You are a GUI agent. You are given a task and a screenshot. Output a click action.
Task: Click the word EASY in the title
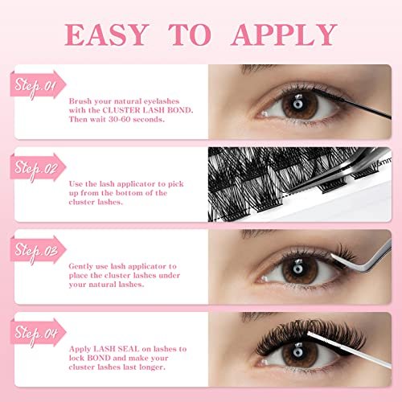(107, 35)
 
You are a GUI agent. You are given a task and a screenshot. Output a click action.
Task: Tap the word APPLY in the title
(284, 35)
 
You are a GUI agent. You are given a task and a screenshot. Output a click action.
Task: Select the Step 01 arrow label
(38, 85)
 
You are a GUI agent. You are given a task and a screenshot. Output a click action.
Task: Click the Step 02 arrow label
(38, 168)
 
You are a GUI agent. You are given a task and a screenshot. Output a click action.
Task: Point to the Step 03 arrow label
(38, 250)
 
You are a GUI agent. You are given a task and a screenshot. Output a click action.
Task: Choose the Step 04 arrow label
(38, 333)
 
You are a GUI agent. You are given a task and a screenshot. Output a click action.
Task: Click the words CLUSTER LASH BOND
(147, 110)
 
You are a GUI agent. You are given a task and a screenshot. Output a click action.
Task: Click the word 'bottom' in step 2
(125, 193)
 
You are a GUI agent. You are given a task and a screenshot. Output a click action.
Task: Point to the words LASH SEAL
(116, 349)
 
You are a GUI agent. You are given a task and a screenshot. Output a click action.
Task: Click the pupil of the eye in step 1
(297, 104)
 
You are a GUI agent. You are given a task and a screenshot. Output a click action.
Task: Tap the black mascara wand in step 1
(352, 104)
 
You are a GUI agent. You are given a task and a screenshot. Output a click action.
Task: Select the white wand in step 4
(349, 350)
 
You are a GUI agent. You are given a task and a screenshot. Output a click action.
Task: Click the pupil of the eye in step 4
(297, 351)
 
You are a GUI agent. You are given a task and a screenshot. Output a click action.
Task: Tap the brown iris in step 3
(300, 269)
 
